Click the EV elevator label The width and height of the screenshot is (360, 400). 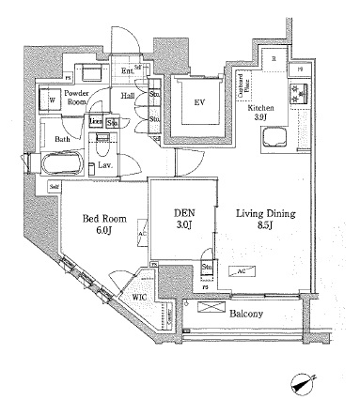point(200,104)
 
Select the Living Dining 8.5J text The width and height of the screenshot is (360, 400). point(264,220)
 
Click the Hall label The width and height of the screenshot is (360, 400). point(128,94)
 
